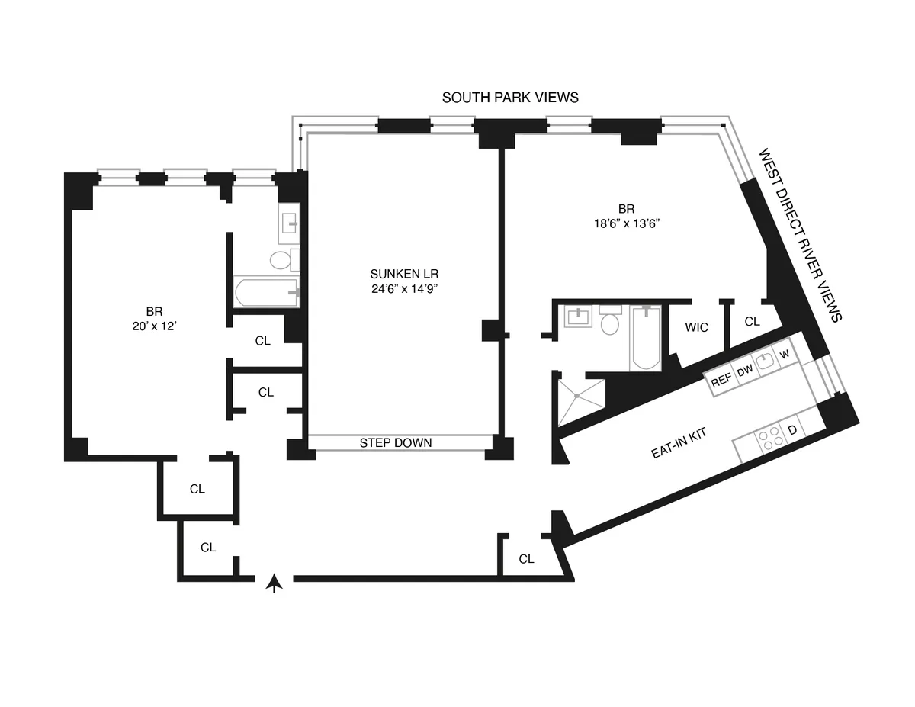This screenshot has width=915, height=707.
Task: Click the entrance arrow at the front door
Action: [x=275, y=583]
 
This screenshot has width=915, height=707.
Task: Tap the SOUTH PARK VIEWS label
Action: [x=510, y=98]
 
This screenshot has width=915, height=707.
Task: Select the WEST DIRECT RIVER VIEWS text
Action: [x=799, y=236]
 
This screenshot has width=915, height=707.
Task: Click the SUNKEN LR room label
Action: [x=404, y=274]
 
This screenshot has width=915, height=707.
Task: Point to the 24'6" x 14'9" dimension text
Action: [x=404, y=288]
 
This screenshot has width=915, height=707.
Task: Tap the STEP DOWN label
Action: [x=396, y=443]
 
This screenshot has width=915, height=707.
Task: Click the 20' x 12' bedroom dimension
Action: [x=155, y=326]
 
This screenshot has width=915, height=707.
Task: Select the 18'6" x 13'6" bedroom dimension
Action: [x=627, y=223]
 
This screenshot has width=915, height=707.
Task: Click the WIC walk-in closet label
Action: [x=696, y=328]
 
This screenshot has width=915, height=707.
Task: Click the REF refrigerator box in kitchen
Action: [x=721, y=380]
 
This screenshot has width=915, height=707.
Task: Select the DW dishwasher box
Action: [x=744, y=371]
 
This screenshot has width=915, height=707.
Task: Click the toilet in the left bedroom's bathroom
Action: [x=281, y=259]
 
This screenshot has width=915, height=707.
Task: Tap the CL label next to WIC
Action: [x=752, y=322]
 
